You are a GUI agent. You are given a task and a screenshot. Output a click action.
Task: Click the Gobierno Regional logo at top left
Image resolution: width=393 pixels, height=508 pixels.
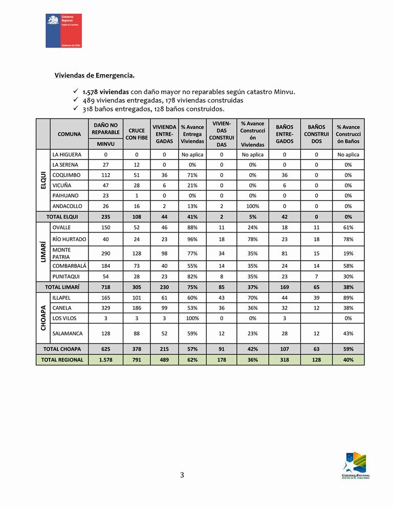[x=63, y=31]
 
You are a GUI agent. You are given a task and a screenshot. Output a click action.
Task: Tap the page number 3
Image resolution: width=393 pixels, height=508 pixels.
[x=182, y=475]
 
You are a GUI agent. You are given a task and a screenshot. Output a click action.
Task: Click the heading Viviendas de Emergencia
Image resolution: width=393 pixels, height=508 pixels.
[x=95, y=76]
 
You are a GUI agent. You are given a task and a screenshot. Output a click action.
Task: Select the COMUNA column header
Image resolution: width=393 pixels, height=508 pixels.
[x=69, y=134]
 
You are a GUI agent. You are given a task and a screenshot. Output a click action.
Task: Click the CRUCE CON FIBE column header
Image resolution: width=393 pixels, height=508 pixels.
[x=137, y=134]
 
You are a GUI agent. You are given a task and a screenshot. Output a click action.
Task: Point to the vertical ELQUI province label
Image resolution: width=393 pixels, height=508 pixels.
[x=43, y=180]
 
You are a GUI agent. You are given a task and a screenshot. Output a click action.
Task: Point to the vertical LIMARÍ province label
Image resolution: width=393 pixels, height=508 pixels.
[x=43, y=251]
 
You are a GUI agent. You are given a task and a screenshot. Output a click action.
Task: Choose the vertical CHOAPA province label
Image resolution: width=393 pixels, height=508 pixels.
[x=43, y=317]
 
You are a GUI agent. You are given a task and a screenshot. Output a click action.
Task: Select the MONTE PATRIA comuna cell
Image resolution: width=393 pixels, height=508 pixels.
[x=61, y=253]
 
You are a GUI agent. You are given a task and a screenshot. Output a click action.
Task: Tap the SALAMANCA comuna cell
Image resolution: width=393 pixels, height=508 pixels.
[x=67, y=333]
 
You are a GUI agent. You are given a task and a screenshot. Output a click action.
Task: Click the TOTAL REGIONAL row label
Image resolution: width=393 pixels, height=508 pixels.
[x=63, y=360]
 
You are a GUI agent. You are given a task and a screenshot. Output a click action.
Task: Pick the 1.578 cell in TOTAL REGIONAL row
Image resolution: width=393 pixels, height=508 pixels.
[x=106, y=360]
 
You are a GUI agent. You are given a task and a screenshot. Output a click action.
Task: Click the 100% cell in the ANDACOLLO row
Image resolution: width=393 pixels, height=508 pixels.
[x=252, y=206]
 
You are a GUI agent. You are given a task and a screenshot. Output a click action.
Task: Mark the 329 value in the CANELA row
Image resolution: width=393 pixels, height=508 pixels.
[x=106, y=308]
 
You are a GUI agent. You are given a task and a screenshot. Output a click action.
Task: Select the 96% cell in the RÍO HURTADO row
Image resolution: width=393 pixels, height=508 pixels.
[x=192, y=239]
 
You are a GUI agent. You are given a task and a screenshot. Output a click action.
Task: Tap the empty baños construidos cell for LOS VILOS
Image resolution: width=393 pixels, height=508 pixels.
[x=316, y=318]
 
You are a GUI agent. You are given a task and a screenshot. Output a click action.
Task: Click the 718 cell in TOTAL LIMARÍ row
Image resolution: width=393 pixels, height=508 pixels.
[x=106, y=287]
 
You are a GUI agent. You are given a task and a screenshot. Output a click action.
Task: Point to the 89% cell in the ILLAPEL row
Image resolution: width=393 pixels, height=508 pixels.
[x=348, y=297]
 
